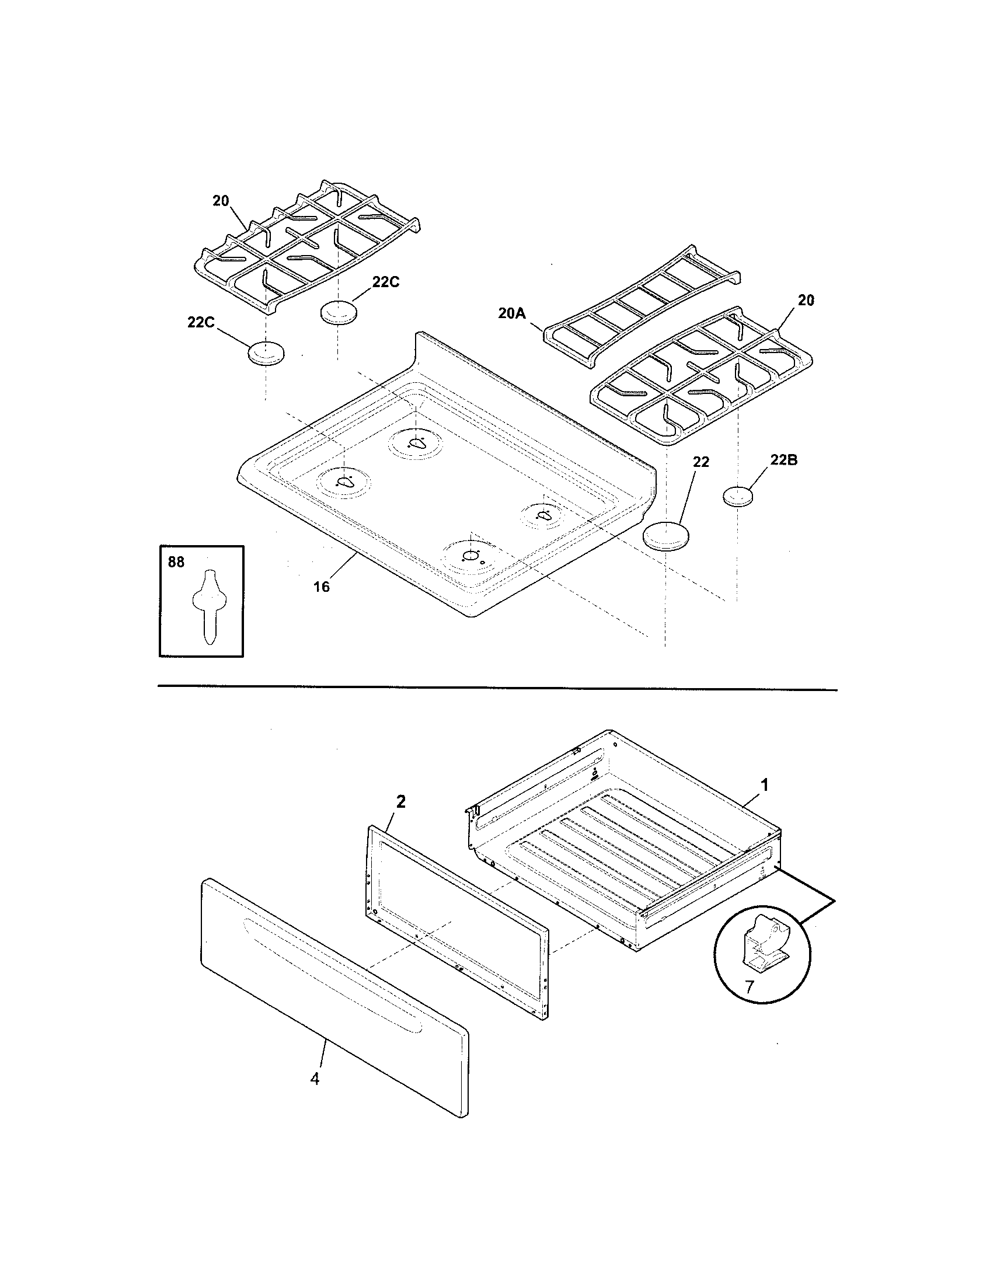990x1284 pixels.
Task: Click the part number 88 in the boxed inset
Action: pos(176,562)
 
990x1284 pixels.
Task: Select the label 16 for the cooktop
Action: pos(321,586)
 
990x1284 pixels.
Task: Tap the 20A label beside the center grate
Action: pos(511,313)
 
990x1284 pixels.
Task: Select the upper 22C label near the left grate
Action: pos(386,282)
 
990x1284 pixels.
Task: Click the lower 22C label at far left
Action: pos(201,322)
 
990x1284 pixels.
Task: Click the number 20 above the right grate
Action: pos(806,300)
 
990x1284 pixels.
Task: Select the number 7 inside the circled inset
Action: pos(749,986)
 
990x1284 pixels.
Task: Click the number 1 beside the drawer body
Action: pos(764,785)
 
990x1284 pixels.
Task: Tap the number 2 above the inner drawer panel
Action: pos(400,802)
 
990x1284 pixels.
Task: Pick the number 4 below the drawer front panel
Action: pos(315,1079)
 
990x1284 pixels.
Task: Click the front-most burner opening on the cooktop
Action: pos(471,556)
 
